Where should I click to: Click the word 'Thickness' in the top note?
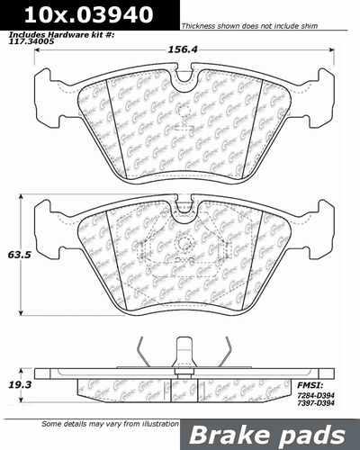click(x=202, y=25)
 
